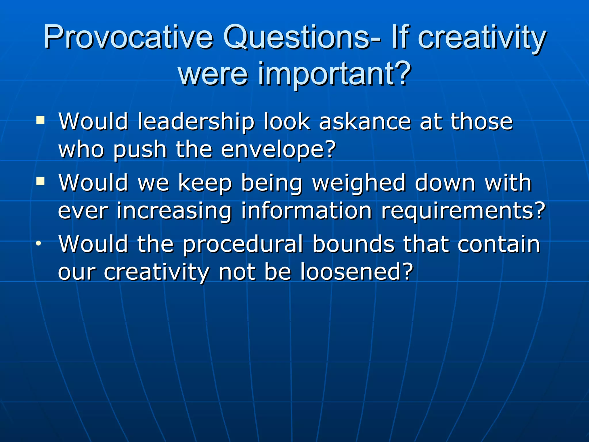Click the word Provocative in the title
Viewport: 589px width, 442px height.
point(128,37)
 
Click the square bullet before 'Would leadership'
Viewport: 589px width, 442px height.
point(41,120)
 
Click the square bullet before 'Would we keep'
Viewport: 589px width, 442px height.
point(41,181)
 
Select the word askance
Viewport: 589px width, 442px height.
point(365,121)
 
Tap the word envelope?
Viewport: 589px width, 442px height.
point(278,150)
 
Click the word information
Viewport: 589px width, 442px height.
point(306,211)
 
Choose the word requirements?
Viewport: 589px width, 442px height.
point(463,211)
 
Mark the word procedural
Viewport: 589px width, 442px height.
point(243,244)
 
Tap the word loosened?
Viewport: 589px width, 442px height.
point(357,272)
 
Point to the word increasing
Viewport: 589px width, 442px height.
point(174,211)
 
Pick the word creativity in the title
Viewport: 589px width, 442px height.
point(481,37)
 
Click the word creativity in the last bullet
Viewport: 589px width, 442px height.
point(156,272)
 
